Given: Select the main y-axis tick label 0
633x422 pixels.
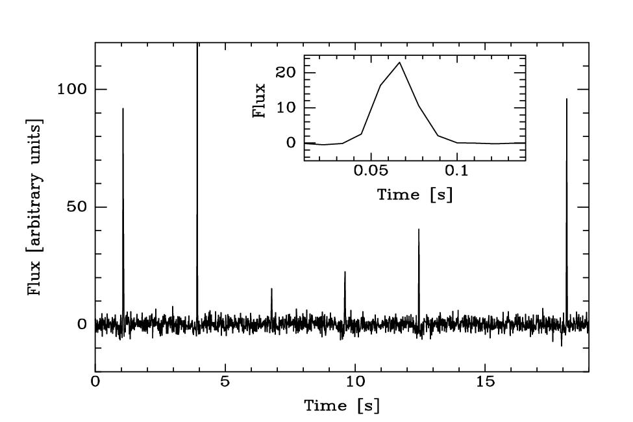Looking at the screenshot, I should coord(82,325).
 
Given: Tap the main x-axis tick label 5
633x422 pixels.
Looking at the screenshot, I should coord(225,382).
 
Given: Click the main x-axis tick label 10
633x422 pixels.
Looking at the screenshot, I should coord(354,382).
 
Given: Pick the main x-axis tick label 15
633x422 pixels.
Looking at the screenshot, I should coord(485,382).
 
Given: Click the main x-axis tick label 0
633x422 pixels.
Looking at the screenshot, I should coord(95,382).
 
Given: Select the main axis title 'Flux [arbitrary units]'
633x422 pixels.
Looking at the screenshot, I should coord(35,207).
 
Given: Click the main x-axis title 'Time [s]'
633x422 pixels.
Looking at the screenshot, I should coord(342,406).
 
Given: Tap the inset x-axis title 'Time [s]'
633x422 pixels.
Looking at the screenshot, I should coord(415,195).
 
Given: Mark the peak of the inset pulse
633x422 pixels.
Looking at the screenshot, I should coord(399,62).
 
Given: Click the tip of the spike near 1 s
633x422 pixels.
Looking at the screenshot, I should coord(123,108).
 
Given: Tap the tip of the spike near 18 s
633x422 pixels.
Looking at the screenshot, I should coord(567,99).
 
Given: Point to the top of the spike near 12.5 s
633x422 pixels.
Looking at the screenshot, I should coord(419,229).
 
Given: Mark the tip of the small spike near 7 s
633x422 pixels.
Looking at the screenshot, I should coord(271,288).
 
